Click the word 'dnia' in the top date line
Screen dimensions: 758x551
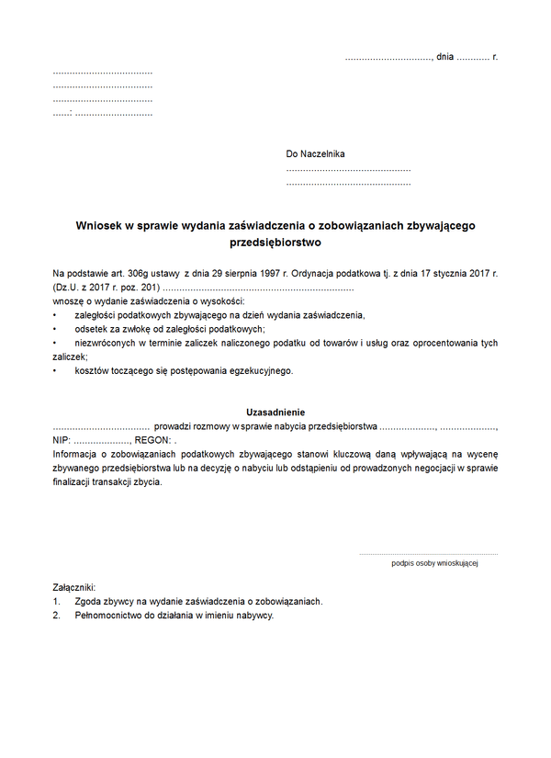[x=445, y=57]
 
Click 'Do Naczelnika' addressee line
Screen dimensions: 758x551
[x=315, y=154]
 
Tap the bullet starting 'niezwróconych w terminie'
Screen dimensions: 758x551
[x=285, y=343]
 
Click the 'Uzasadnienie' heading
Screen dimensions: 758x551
[x=275, y=413]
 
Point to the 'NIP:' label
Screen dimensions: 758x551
[x=62, y=441]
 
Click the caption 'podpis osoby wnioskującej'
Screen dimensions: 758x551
[x=434, y=563]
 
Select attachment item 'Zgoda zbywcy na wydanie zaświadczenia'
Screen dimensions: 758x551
[x=198, y=602]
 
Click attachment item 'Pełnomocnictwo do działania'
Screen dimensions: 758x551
[x=174, y=616]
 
